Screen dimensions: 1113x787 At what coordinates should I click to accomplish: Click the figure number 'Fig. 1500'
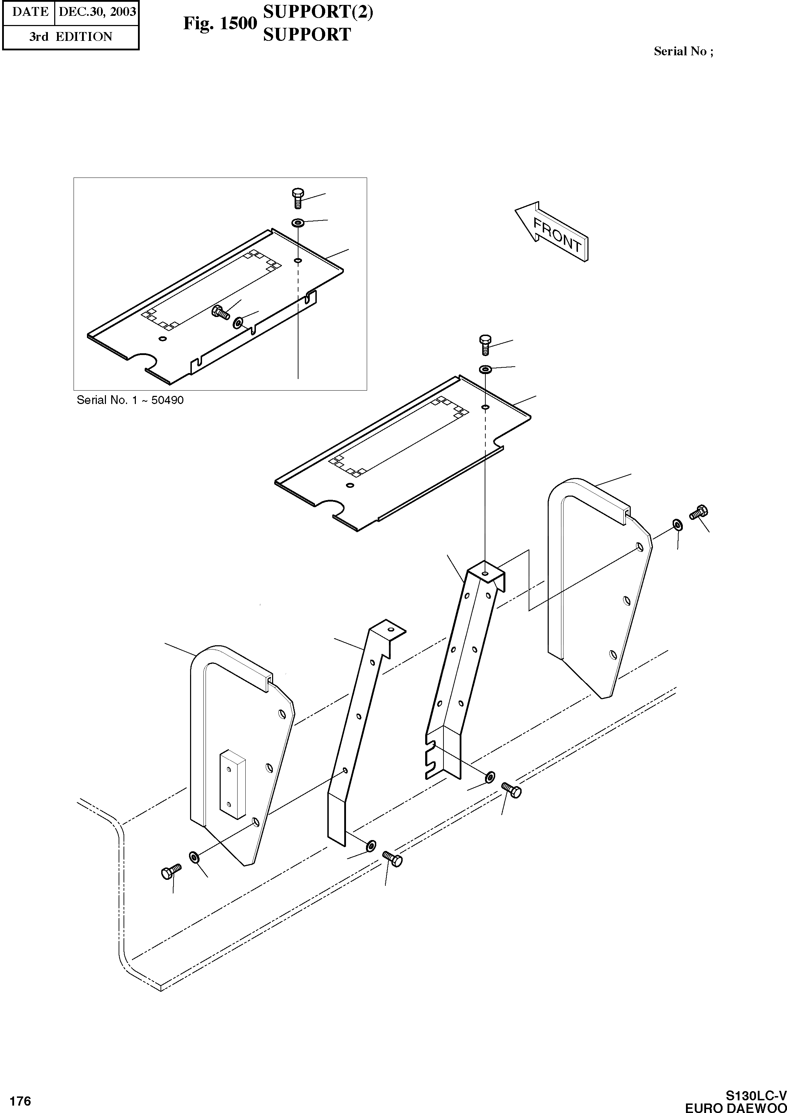point(220,23)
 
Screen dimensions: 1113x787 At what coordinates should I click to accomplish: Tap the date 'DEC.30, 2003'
point(97,12)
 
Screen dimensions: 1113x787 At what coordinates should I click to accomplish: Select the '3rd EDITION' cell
point(70,37)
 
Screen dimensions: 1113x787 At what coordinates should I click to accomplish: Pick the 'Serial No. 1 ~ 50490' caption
point(130,400)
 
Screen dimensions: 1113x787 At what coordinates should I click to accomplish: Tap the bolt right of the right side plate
point(699,512)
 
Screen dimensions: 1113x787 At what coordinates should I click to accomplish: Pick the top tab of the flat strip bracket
point(388,629)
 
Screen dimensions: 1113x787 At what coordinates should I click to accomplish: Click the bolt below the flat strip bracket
point(392,859)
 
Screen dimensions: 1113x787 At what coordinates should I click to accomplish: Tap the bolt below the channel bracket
point(511,790)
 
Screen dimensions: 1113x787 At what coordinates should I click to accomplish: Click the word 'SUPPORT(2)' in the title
point(318,12)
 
